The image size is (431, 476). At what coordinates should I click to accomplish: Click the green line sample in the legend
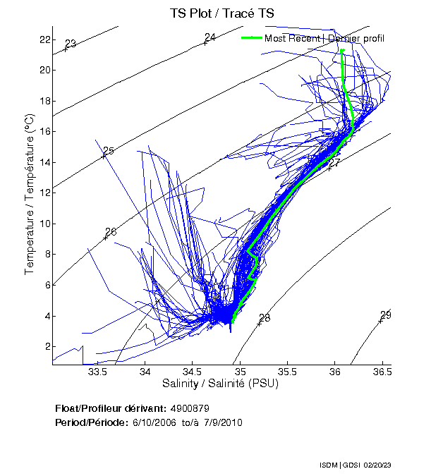point(252,38)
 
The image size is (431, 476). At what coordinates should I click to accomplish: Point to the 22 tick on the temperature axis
point(45,39)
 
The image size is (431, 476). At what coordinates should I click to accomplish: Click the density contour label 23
point(70,44)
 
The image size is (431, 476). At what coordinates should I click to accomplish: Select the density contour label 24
point(210,37)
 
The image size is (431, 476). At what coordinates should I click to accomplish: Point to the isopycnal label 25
point(108,151)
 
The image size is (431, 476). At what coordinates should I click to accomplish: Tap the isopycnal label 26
point(110,232)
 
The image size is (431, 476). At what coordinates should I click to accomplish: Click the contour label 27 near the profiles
point(335,163)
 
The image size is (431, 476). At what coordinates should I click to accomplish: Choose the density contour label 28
point(265,318)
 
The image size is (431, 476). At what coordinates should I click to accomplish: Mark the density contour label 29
point(386,315)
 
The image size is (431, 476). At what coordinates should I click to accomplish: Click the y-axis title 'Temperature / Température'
point(30,196)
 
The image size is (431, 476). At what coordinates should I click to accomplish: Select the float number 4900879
point(190,408)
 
